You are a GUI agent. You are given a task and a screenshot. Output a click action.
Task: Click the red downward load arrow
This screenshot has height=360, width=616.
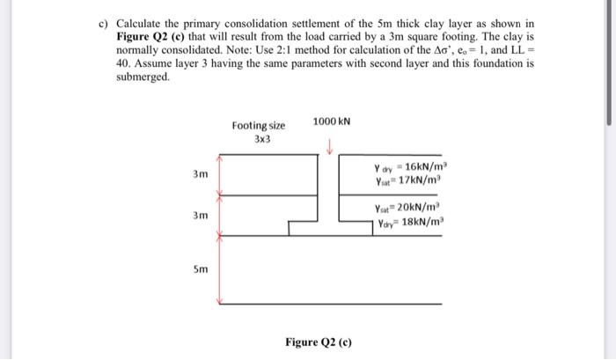[329, 146]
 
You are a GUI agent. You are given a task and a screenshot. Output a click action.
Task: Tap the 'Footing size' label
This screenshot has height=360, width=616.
[258, 126]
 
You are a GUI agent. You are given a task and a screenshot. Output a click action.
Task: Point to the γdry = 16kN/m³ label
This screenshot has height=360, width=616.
[412, 168]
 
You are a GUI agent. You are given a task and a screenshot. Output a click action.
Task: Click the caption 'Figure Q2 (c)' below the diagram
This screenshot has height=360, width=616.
[319, 341]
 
